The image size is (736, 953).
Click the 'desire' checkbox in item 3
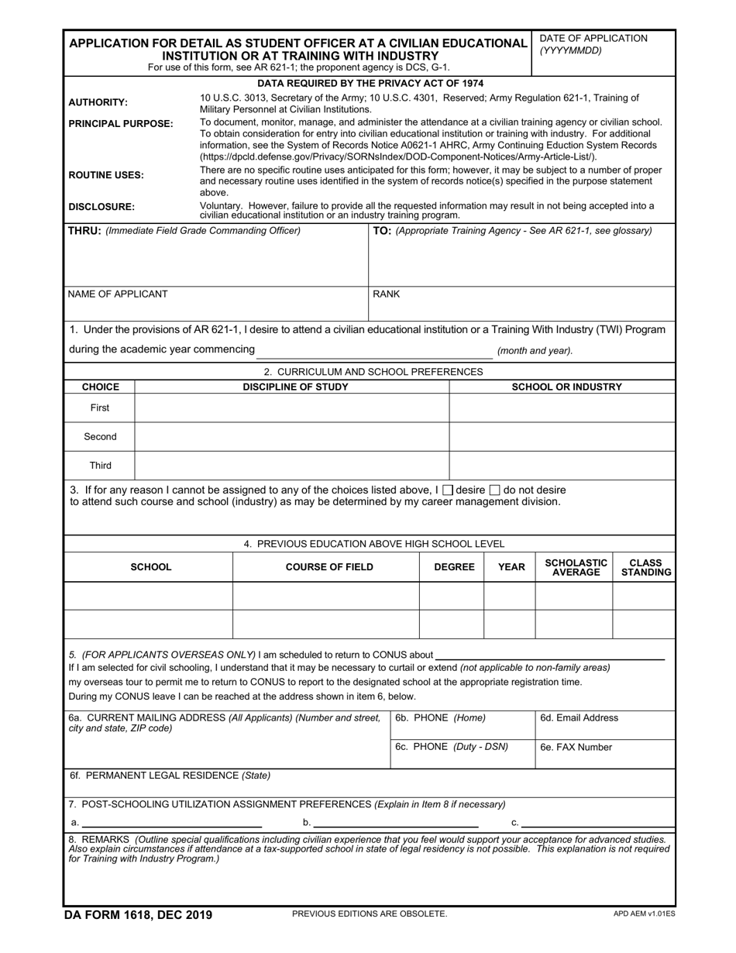coord(447,490)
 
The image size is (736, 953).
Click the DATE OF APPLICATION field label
coord(593,38)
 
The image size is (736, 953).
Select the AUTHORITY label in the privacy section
coord(98,102)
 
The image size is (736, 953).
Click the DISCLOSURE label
coord(101,207)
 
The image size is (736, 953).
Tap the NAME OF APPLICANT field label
coord(118,294)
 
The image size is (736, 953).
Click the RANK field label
coord(387,294)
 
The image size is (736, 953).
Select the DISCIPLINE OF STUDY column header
coord(295,387)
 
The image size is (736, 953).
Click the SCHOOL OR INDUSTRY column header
coord(566,387)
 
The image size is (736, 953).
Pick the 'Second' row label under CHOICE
coord(100,437)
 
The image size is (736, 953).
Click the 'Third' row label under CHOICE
coord(100,466)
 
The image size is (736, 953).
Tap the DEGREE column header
coord(454,567)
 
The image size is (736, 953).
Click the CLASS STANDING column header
coord(645,567)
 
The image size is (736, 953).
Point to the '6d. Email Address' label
coord(579,718)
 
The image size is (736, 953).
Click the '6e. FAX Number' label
coord(576,748)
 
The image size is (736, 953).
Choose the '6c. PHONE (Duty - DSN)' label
coord(452,747)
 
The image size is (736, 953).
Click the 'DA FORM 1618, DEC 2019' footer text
coord(140,915)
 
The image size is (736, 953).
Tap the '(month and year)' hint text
coord(535,351)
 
